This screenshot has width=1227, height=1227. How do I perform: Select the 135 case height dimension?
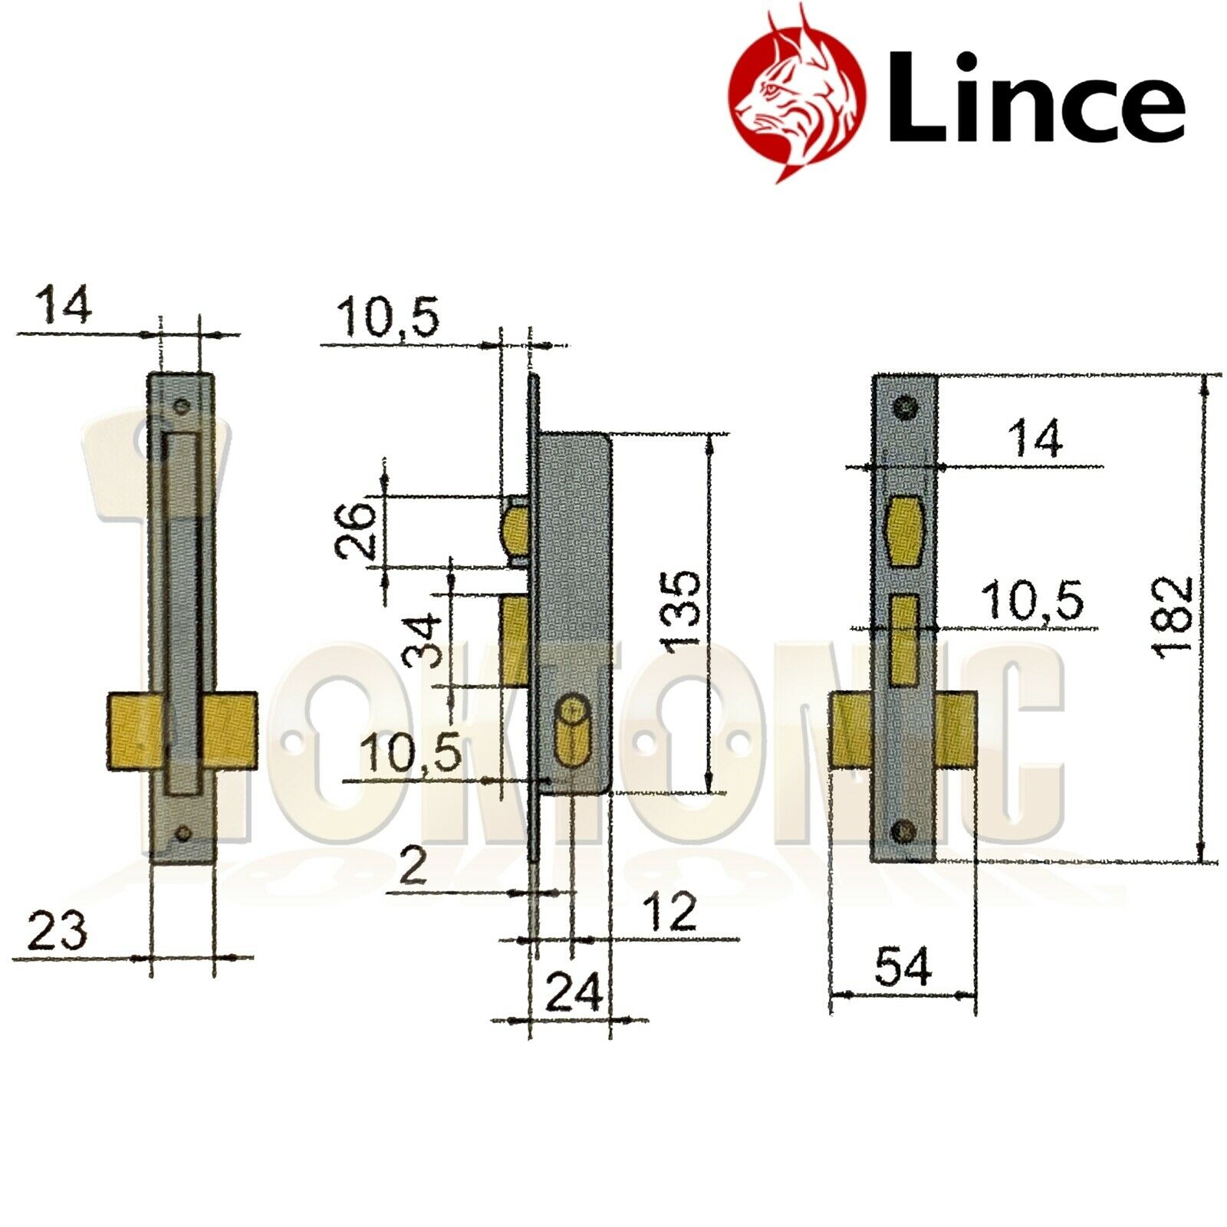pos(682,610)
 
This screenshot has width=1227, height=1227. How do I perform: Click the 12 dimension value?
pos(669,913)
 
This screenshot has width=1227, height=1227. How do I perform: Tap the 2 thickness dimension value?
pos(413,867)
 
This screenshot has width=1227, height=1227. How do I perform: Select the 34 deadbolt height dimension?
pos(425,640)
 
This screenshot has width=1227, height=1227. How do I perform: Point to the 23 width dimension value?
pos(58,933)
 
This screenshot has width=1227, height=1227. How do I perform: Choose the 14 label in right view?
pos(1035,439)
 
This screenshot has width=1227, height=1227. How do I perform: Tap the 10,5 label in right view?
pos(1034,600)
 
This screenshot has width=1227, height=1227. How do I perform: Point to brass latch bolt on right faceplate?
pos(906,531)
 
